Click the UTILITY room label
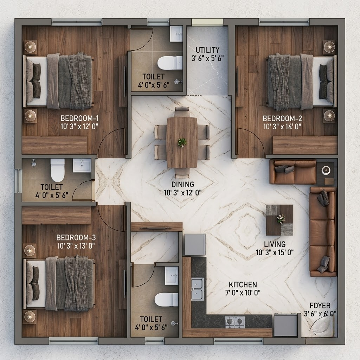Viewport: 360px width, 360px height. coord(207,50)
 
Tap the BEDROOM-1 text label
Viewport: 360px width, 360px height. coord(79,118)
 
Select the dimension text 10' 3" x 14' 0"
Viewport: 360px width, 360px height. coord(282,127)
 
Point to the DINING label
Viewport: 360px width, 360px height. coord(183,184)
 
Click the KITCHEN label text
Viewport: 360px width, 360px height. coord(243,285)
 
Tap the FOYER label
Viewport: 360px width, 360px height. coord(320,306)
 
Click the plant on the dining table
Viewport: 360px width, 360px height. coord(182,142)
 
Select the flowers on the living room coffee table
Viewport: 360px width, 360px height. coord(281,219)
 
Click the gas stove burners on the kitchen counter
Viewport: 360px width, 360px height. coord(234,322)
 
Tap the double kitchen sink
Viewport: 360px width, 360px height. coord(197,289)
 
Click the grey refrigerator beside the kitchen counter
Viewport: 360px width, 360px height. coord(195,245)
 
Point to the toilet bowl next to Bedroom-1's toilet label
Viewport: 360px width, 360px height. coord(57,171)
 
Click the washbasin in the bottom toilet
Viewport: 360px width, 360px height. coord(172,276)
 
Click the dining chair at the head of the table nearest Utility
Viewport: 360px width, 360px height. coord(182,112)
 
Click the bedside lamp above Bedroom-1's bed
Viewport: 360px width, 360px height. coord(30,47)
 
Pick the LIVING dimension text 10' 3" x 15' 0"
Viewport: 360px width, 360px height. coord(275,252)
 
